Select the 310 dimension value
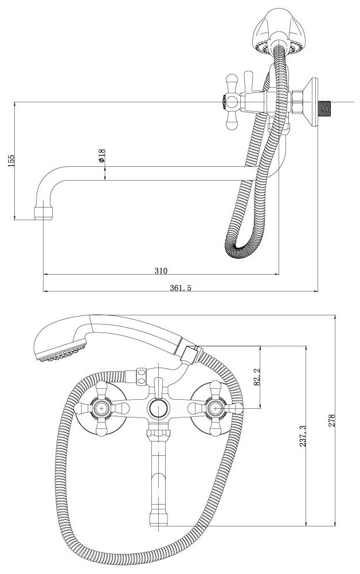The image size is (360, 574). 161,270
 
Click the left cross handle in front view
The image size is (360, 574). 102,408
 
